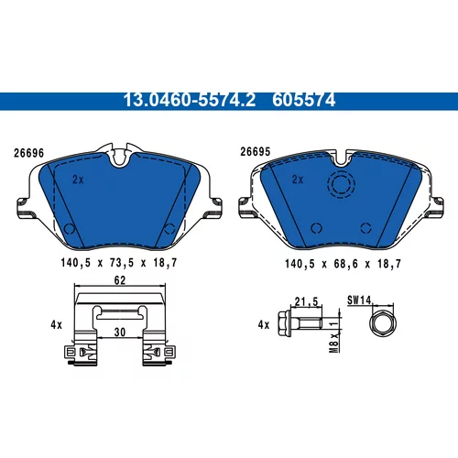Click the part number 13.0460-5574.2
coord(190,100)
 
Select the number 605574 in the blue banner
coord(304,100)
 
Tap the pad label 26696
coord(29,153)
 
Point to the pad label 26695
coord(256,152)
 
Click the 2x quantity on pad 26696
coord(78,180)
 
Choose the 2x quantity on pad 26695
coord(298,180)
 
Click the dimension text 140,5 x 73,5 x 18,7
coord(119,263)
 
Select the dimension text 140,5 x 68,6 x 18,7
coord(343,264)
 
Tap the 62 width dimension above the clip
coord(120,280)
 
